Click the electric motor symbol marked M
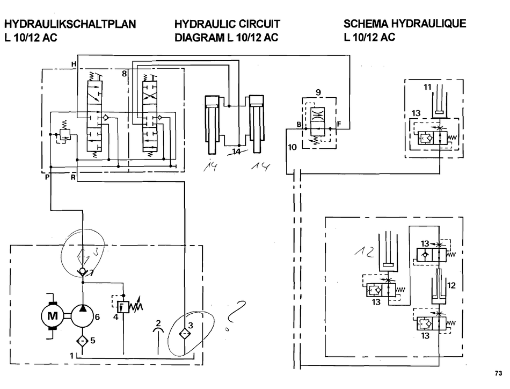[x=52, y=316]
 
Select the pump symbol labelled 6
[x=82, y=316]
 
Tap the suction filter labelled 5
[x=82, y=340]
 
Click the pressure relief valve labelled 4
[x=123, y=308]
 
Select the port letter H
[x=74, y=64]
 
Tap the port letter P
[x=47, y=177]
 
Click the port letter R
[x=73, y=177]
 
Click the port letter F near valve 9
[x=338, y=125]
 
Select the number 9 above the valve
[x=318, y=92]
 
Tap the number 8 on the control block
[x=124, y=75]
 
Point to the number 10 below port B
[x=292, y=147]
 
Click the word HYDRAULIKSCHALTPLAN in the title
[x=69, y=24]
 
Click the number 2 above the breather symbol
[x=158, y=323]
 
